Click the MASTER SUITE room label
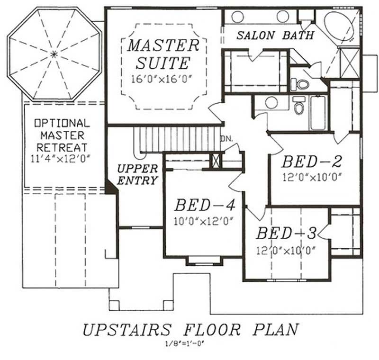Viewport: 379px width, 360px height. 163,54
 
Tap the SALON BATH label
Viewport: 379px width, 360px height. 275,35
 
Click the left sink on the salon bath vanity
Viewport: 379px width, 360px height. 237,17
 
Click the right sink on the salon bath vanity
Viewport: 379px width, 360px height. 283,17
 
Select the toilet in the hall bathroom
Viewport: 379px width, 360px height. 298,107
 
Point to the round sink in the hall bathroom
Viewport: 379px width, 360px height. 271,102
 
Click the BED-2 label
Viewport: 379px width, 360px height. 312,162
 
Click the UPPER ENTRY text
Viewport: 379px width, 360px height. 137,174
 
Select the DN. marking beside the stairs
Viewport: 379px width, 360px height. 226,139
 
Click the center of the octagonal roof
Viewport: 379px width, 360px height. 54,54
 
